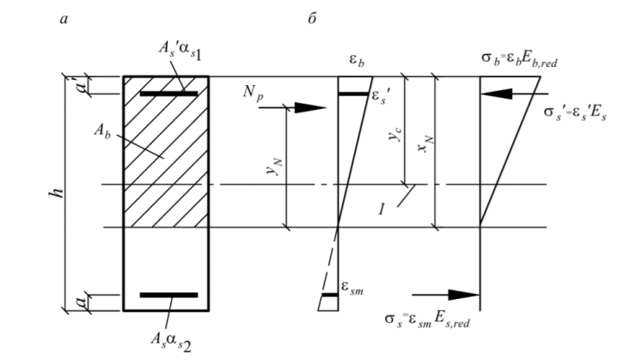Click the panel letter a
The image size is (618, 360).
[64, 19]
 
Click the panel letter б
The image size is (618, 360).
[312, 18]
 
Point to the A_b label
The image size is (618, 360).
[102, 131]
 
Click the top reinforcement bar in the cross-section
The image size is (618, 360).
[168, 94]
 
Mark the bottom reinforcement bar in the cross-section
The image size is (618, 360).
[168, 295]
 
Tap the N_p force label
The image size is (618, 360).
[253, 94]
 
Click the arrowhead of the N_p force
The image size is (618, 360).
[310, 107]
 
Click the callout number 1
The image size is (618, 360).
[381, 210]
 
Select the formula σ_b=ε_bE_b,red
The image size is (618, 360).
[519, 59]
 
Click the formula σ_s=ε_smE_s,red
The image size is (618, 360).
[427, 320]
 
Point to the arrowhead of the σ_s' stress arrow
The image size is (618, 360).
[496, 94]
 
